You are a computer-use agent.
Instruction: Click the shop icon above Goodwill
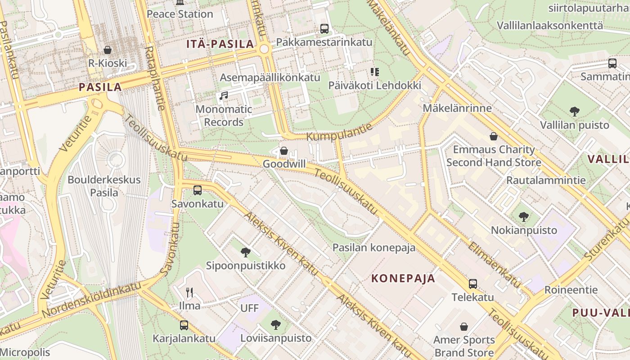284,151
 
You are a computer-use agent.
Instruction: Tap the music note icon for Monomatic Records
224,96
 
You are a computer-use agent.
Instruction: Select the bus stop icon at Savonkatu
197,190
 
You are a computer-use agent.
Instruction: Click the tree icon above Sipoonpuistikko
245,252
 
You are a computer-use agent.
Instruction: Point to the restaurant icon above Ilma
189,292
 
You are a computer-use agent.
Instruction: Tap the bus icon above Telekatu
472,284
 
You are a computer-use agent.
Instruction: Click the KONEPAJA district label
403,278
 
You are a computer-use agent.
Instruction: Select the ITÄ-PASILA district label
220,44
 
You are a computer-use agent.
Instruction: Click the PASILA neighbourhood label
100,87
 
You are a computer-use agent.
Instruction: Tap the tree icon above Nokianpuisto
523,217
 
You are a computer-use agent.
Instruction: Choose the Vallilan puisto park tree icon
574,111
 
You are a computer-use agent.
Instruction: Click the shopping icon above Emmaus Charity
494,136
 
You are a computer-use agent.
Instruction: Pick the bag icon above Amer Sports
464,327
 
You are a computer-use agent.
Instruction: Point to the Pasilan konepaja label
374,247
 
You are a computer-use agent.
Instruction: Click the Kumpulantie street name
340,131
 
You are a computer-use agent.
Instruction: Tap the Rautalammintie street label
546,180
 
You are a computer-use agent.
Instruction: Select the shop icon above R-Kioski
108,49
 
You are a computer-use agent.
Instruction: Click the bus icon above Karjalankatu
184,325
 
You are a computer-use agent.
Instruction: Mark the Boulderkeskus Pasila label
104,186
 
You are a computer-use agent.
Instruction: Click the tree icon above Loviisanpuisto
276,324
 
